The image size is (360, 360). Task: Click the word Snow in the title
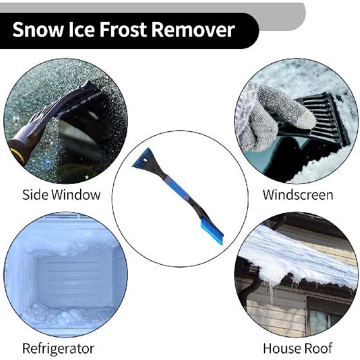(x=36, y=30)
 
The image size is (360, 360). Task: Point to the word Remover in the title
(x=195, y=30)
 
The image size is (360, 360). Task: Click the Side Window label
(x=61, y=194)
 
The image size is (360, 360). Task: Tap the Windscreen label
(x=297, y=194)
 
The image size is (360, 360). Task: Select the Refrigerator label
(x=58, y=348)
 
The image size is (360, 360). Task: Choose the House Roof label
(x=297, y=348)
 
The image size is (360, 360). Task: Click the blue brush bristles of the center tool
(x=212, y=231)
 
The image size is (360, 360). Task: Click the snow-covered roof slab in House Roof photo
(x=297, y=255)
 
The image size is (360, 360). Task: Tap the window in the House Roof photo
(x=323, y=316)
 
